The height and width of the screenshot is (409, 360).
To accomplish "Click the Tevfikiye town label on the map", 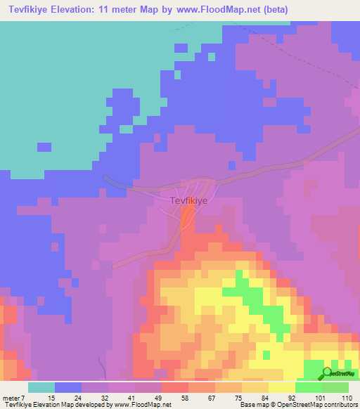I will (x=188, y=200).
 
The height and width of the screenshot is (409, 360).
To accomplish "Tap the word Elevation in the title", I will (x=80, y=10).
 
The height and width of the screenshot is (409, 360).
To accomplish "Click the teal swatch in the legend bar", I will (x=41, y=387).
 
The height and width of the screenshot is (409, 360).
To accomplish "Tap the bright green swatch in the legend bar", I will (x=309, y=387).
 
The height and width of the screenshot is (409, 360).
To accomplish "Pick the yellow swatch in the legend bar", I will (x=282, y=387).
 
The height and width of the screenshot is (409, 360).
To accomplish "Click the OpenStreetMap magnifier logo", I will (x=327, y=373).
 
